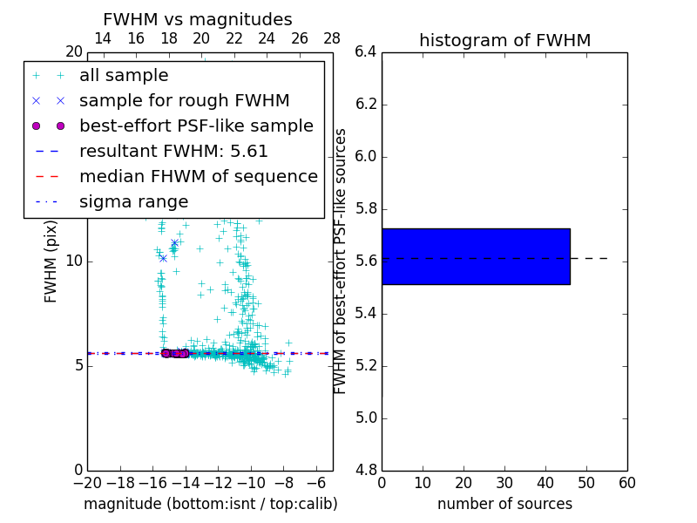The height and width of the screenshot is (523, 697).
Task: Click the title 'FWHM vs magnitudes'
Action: (198, 19)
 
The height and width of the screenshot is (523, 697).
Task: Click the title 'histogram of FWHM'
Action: (504, 40)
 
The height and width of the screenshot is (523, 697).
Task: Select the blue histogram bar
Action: (476, 256)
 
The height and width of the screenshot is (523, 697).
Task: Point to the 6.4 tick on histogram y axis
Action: (365, 52)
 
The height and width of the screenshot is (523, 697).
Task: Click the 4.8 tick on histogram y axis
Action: (365, 471)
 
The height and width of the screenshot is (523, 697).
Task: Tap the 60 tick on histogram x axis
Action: (626, 483)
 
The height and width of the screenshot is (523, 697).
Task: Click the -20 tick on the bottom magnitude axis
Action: (87, 483)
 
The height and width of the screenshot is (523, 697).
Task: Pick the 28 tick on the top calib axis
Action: (332, 38)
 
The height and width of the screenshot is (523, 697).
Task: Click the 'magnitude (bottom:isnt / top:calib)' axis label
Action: (210, 504)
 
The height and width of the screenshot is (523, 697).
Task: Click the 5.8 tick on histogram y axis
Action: (365, 209)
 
